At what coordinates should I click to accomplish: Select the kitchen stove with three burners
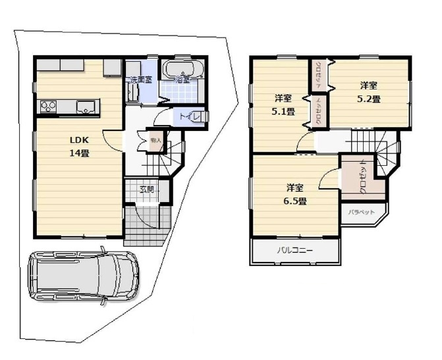pyautogui.click(x=49, y=106)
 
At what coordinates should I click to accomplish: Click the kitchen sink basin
pyautogui.click(x=86, y=107)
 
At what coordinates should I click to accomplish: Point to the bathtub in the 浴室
pyautogui.click(x=184, y=69)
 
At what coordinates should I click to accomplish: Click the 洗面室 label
pyautogui.click(x=140, y=80)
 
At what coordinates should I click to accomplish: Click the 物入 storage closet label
pyautogui.click(x=156, y=140)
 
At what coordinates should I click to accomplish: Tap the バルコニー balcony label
pyautogui.click(x=294, y=251)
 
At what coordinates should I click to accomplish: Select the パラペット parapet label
pyautogui.click(x=362, y=213)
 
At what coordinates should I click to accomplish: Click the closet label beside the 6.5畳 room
pyautogui.click(x=363, y=179)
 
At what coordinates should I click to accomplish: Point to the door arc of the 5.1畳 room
pyautogui.click(x=304, y=144)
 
